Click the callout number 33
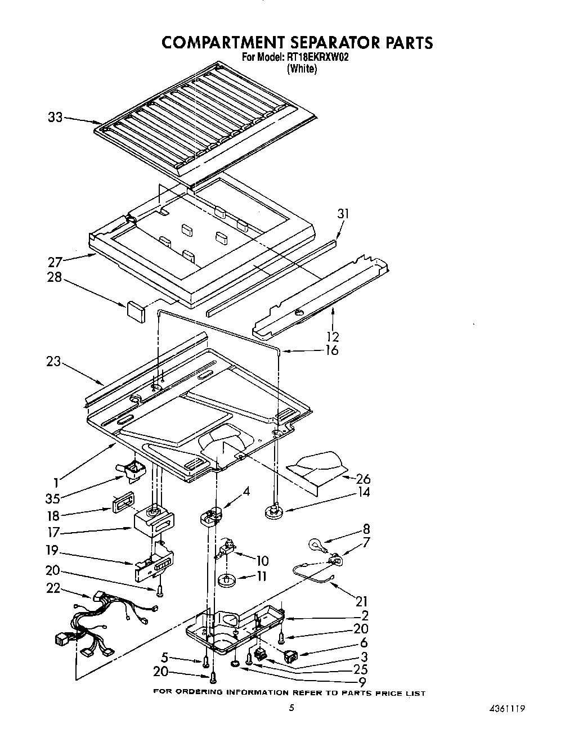(55, 118)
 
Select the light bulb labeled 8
(315, 544)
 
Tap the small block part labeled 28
(135, 309)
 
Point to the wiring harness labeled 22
(101, 624)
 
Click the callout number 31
(343, 214)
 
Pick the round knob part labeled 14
(274, 511)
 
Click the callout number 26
(363, 479)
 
